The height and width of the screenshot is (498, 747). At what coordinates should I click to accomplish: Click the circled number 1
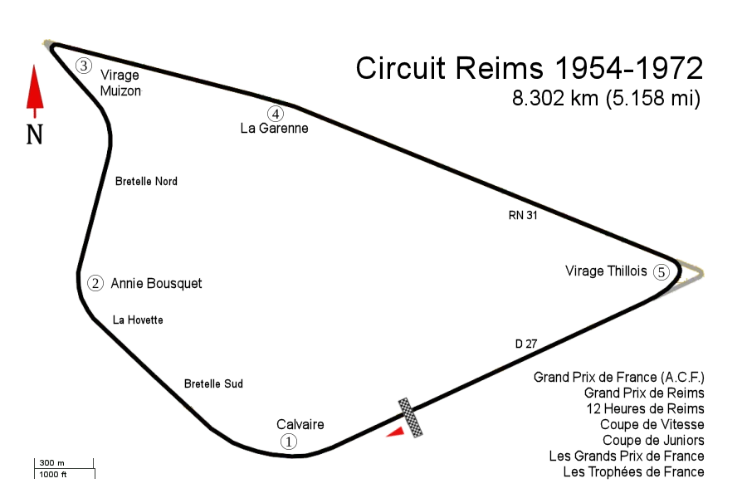click(288, 442)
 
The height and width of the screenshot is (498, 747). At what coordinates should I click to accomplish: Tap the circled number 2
click(95, 283)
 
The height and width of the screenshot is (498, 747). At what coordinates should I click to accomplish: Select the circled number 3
click(83, 65)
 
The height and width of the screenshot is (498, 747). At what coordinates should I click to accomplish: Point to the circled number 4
click(276, 115)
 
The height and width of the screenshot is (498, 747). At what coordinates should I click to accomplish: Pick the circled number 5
click(661, 272)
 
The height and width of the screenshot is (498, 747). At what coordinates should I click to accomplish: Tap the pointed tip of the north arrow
click(34, 68)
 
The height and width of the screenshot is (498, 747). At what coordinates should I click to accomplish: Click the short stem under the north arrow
click(34, 115)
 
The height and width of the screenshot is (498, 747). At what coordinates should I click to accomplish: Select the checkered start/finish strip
click(410, 417)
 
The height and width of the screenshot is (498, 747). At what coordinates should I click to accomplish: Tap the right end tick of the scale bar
click(98, 470)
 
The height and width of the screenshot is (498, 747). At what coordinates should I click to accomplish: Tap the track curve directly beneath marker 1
click(290, 455)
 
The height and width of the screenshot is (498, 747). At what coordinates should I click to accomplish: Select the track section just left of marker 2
click(80, 283)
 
